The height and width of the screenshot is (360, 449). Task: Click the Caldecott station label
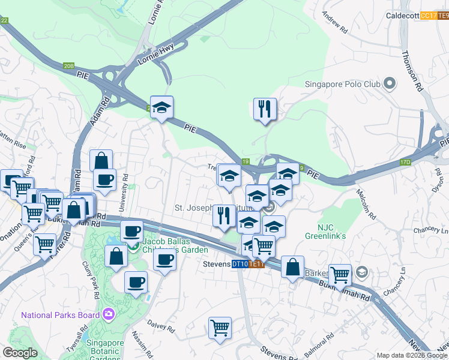coord(402,16)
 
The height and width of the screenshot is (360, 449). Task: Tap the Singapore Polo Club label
coord(343,84)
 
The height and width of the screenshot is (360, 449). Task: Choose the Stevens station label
coord(216,264)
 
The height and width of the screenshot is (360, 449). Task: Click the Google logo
coord(20,353)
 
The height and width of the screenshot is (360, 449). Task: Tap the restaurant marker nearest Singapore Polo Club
coord(265,109)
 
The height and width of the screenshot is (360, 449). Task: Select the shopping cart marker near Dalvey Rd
coord(220,328)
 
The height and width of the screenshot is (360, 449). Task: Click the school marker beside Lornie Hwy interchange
coord(161,107)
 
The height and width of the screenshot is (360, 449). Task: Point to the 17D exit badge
coord(407,162)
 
